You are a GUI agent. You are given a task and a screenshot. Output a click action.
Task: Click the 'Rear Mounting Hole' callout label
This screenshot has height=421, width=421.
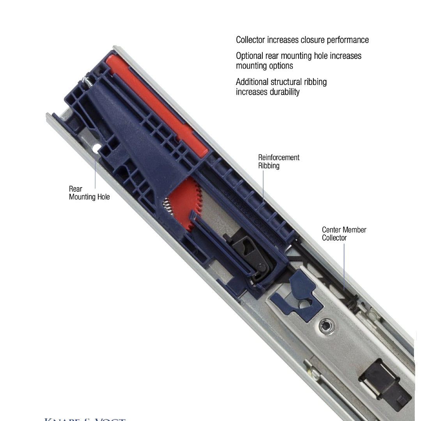pyautogui.click(x=89, y=193)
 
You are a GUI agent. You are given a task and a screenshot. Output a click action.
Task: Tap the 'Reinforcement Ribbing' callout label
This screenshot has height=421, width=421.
pyautogui.click(x=279, y=161)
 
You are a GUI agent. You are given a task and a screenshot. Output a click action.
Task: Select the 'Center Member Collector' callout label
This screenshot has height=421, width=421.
pyautogui.click(x=344, y=233)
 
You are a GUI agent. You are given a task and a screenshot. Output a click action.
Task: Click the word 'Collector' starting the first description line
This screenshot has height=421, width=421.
pyautogui.click(x=251, y=40)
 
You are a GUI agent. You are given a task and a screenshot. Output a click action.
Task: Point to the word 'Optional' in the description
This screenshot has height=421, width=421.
pyautogui.click(x=249, y=56)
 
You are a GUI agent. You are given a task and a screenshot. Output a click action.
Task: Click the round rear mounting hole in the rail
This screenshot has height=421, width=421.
pyautogui.click(x=95, y=149)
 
